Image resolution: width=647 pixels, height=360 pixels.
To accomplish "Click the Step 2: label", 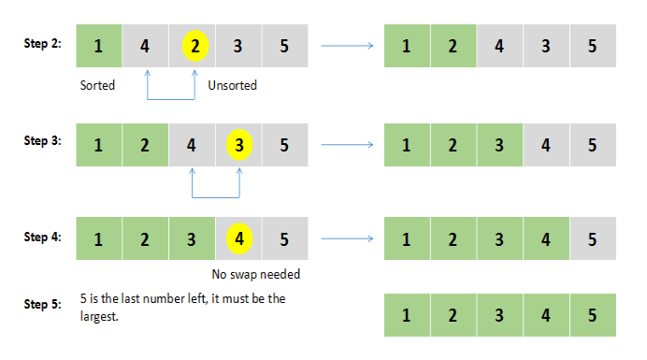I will tap(43, 45).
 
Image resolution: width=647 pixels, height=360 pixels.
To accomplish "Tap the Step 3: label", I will tap(43, 141).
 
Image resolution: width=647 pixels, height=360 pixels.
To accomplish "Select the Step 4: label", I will tap(43, 238).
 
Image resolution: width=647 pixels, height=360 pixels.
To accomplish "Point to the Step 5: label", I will tap(43, 304).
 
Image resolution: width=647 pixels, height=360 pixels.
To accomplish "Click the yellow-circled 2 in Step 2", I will tap(193, 46).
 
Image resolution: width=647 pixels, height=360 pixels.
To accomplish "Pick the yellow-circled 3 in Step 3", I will tap(239, 145).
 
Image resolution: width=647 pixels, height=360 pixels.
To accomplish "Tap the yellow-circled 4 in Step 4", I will tap(239, 238).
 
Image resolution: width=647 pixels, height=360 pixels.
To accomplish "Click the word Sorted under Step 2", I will tap(97, 85).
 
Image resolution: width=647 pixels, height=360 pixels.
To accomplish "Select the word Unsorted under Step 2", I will tap(232, 85).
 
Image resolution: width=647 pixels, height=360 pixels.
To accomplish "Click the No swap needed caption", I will tap(256, 275).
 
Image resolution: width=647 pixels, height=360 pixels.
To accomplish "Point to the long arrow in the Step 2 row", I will tap(349, 45).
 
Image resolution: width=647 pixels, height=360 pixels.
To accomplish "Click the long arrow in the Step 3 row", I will tap(349, 144).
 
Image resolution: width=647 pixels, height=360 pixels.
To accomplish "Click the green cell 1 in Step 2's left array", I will tap(98, 46).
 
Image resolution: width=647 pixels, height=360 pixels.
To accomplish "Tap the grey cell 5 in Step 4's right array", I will tap(593, 238).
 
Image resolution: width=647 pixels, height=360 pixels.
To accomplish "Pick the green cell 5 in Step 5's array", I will tap(593, 315).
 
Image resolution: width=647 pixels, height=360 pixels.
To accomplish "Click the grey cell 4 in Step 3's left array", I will tap(192, 145).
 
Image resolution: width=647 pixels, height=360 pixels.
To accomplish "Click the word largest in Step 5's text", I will tap(99, 316).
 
